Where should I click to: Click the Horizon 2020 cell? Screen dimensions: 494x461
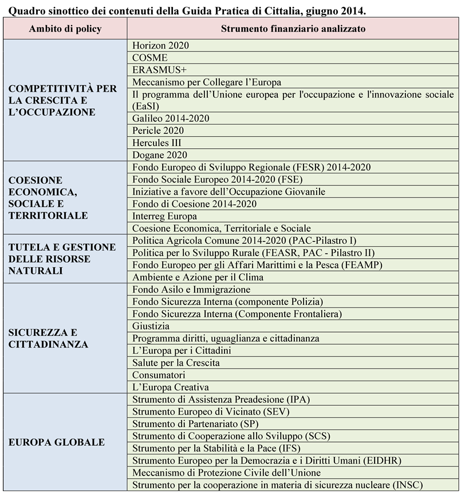point(160,45)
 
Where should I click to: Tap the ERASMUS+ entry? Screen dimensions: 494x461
point(156,70)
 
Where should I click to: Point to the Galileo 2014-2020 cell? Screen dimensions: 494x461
point(171,118)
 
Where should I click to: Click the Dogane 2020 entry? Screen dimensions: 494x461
point(160,155)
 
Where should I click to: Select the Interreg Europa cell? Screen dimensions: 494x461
point(164,216)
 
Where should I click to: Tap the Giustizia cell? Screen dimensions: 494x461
point(151,326)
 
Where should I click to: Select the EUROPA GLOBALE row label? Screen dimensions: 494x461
point(57,442)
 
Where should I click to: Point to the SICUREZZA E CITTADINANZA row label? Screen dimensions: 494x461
point(48,338)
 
